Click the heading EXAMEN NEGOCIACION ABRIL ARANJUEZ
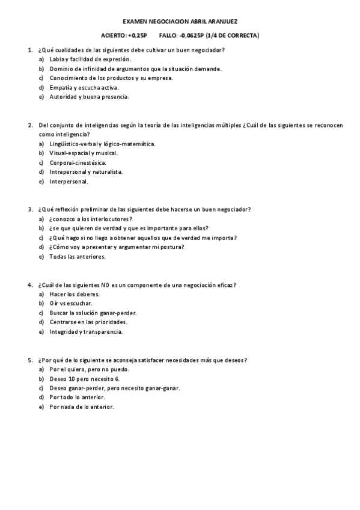click(x=180, y=21)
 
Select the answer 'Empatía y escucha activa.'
click(x=84, y=87)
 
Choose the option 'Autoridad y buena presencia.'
click(x=90, y=97)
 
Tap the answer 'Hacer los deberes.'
click(x=75, y=294)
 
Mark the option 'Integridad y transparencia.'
click(x=87, y=331)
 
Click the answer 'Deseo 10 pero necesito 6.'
click(x=85, y=379)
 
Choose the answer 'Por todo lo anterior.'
click(x=78, y=398)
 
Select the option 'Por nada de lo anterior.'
click(x=82, y=407)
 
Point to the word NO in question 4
click(x=106, y=284)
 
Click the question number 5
click(x=29, y=360)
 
